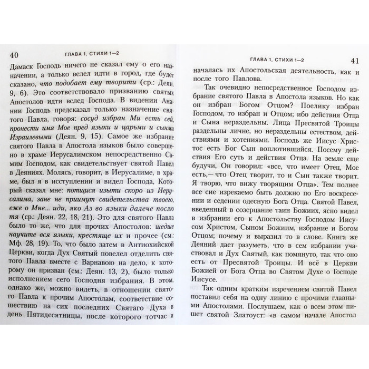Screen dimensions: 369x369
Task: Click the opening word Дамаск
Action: (26, 68)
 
